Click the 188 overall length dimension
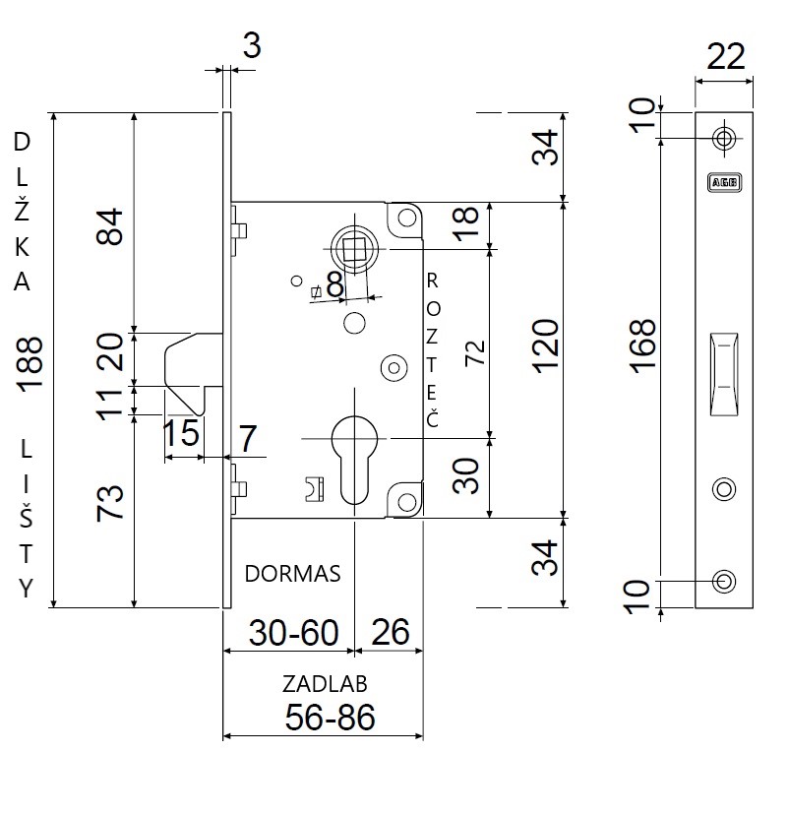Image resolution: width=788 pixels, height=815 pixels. pyautogui.click(x=30, y=363)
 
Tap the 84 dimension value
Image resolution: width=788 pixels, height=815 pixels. pyautogui.click(x=109, y=226)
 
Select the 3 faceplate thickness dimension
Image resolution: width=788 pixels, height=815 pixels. pyautogui.click(x=252, y=45)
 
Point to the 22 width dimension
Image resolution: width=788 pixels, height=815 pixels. pyautogui.click(x=726, y=56)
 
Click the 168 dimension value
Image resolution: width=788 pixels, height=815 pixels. pyautogui.click(x=642, y=346)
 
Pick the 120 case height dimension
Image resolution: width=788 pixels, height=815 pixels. pyautogui.click(x=545, y=346)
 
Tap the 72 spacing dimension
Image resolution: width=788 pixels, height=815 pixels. pyautogui.click(x=475, y=353)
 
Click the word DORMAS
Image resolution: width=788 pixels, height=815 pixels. pyautogui.click(x=292, y=574)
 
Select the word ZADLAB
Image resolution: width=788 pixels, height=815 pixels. pyautogui.click(x=325, y=684)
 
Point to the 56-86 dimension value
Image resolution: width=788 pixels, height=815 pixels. pyautogui.click(x=330, y=718)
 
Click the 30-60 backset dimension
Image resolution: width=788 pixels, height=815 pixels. pyautogui.click(x=293, y=633)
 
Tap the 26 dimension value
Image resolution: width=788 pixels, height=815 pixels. pyautogui.click(x=391, y=633)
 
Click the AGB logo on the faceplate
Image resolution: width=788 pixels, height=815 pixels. pyautogui.click(x=724, y=182)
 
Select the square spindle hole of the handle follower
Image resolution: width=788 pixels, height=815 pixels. pyautogui.click(x=354, y=249)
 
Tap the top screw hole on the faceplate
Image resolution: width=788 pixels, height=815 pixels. pyautogui.click(x=724, y=138)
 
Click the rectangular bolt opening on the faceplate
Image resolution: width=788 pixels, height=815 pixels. pyautogui.click(x=724, y=374)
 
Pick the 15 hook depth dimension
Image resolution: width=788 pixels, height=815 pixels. pyautogui.click(x=181, y=433)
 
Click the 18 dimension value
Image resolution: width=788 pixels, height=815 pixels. pyautogui.click(x=465, y=223)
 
